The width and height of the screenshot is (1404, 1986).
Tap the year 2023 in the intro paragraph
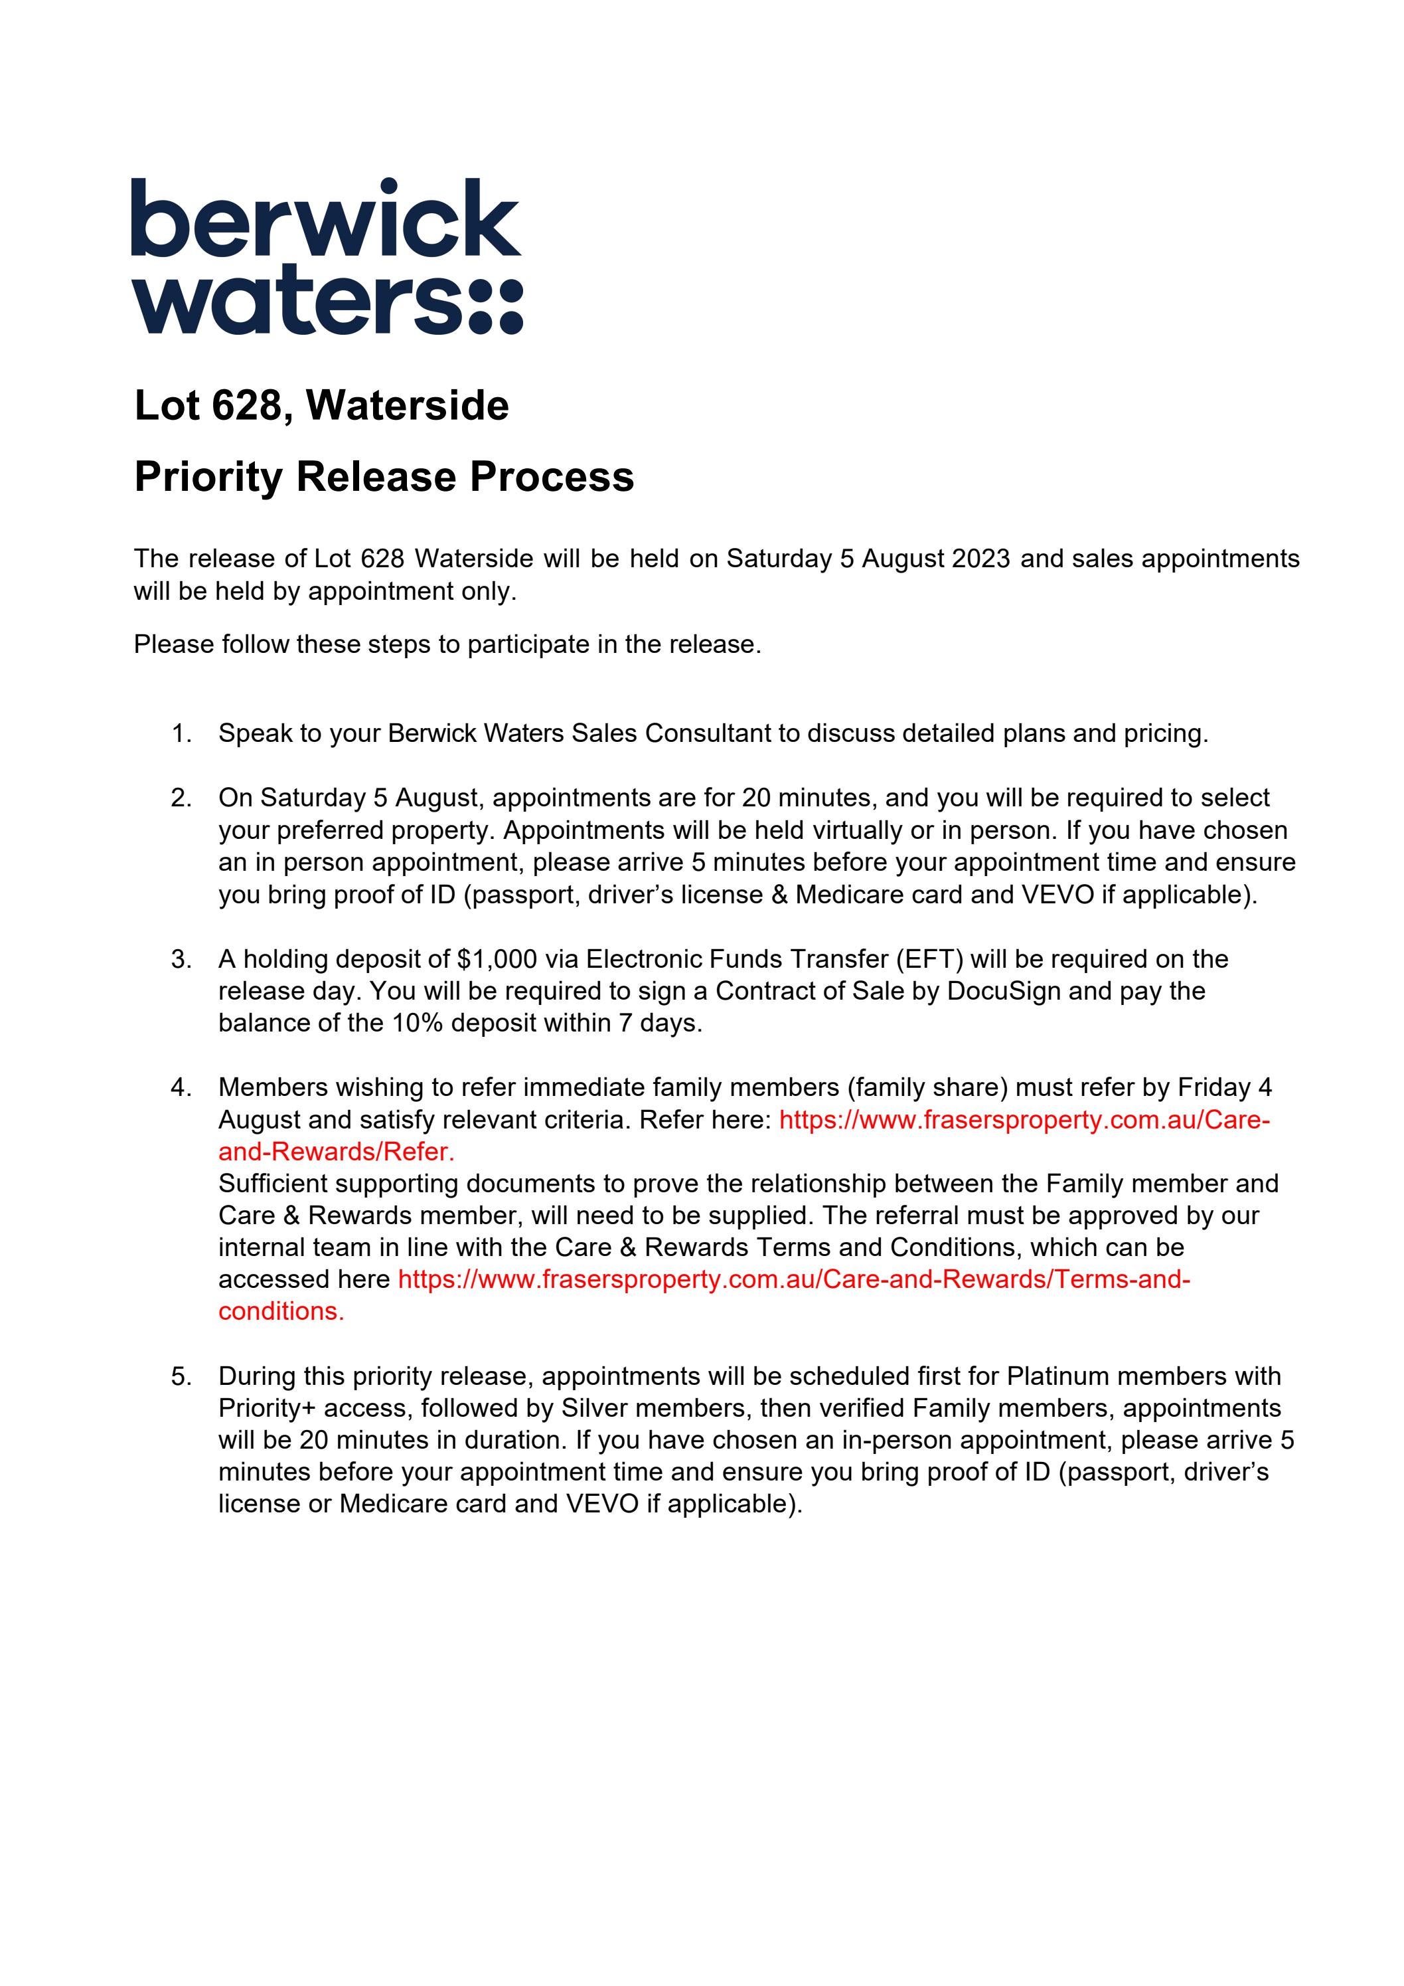980,559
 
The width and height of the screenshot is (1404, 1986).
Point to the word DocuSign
1004,991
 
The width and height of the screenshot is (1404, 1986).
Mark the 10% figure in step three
418,1024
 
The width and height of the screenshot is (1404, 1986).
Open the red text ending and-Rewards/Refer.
337,1152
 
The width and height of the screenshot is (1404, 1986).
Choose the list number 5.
181,1376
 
